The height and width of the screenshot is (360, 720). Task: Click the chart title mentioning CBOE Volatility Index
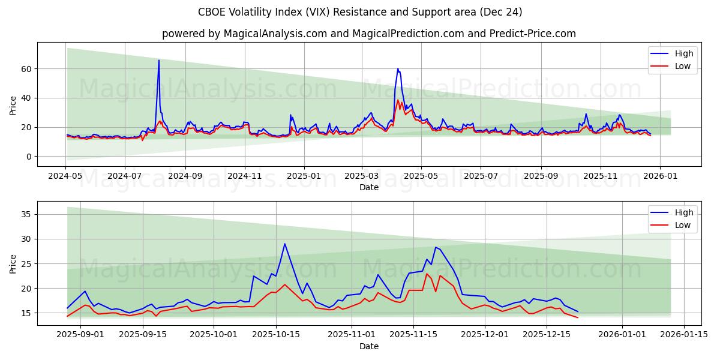(360, 12)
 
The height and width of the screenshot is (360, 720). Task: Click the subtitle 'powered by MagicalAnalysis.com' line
(368, 34)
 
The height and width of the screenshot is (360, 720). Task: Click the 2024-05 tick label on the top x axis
(65, 176)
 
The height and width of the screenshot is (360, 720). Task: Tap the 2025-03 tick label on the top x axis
(362, 176)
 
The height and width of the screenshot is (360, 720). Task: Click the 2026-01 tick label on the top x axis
(659, 176)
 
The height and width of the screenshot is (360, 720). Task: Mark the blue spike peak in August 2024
(159, 60)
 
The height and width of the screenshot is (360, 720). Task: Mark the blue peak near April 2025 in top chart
(397, 68)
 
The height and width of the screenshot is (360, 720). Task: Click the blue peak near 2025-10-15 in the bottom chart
(285, 244)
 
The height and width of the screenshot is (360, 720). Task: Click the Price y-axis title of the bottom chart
(13, 263)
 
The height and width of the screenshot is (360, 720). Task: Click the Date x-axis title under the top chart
(368, 187)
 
